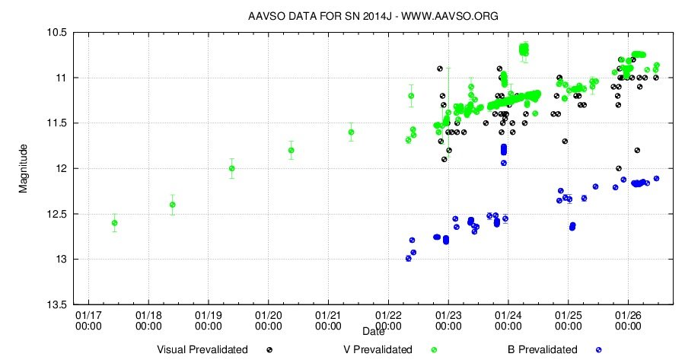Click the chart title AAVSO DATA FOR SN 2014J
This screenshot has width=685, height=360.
pyautogui.click(x=373, y=15)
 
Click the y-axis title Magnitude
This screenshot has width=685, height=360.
pyautogui.click(x=24, y=167)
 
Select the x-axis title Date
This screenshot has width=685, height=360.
pyautogui.click(x=373, y=332)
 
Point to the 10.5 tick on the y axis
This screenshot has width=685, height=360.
pyautogui.click(x=57, y=33)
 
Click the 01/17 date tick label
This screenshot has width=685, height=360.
pyautogui.click(x=88, y=319)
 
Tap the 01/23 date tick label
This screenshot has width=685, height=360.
pyautogui.click(x=448, y=319)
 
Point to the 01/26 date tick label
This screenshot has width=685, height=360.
pyautogui.click(x=627, y=319)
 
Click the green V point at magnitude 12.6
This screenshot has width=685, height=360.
pyautogui.click(x=114, y=223)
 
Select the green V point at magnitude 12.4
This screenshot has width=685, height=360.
pyautogui.click(x=173, y=204)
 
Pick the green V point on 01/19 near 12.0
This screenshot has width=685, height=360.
pyautogui.click(x=231, y=168)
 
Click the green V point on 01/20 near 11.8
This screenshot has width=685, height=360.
pyautogui.click(x=291, y=150)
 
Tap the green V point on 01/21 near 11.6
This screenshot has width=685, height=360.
pyautogui.click(x=351, y=132)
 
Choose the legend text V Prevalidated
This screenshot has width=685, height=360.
pyautogui.click(x=378, y=349)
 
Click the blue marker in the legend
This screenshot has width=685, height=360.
pyautogui.click(x=599, y=350)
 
